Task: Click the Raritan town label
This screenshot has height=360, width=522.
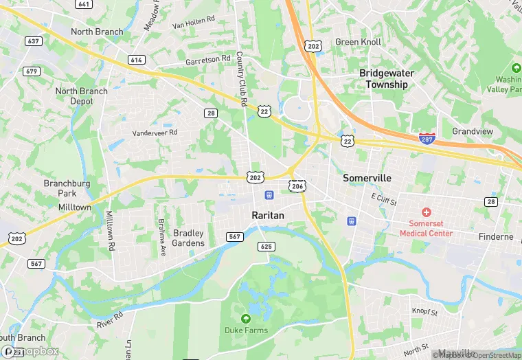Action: [x=267, y=215]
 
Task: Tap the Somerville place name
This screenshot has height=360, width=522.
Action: [x=367, y=178]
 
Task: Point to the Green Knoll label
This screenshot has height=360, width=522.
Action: [x=357, y=42]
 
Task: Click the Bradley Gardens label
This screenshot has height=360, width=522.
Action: [x=188, y=238]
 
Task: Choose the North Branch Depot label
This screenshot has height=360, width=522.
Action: [x=82, y=96]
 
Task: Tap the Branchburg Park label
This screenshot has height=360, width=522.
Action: [x=66, y=188]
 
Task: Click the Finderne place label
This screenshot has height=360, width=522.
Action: [x=496, y=237]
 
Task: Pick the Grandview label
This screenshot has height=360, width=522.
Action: [x=473, y=131]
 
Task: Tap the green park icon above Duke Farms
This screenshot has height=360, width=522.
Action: [x=246, y=318]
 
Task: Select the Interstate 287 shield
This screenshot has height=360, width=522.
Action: [x=427, y=138]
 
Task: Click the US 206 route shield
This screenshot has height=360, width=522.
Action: [x=297, y=186]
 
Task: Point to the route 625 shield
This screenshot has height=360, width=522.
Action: [x=268, y=246]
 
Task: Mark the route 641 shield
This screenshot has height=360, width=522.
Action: [x=84, y=4]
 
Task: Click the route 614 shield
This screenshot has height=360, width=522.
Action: [x=135, y=60]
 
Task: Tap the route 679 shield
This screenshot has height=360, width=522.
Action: [x=31, y=71]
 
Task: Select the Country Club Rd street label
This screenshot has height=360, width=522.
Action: [x=241, y=79]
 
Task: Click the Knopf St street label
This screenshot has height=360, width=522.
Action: [x=424, y=312]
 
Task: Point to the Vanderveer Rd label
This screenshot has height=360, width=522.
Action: [x=155, y=132]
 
